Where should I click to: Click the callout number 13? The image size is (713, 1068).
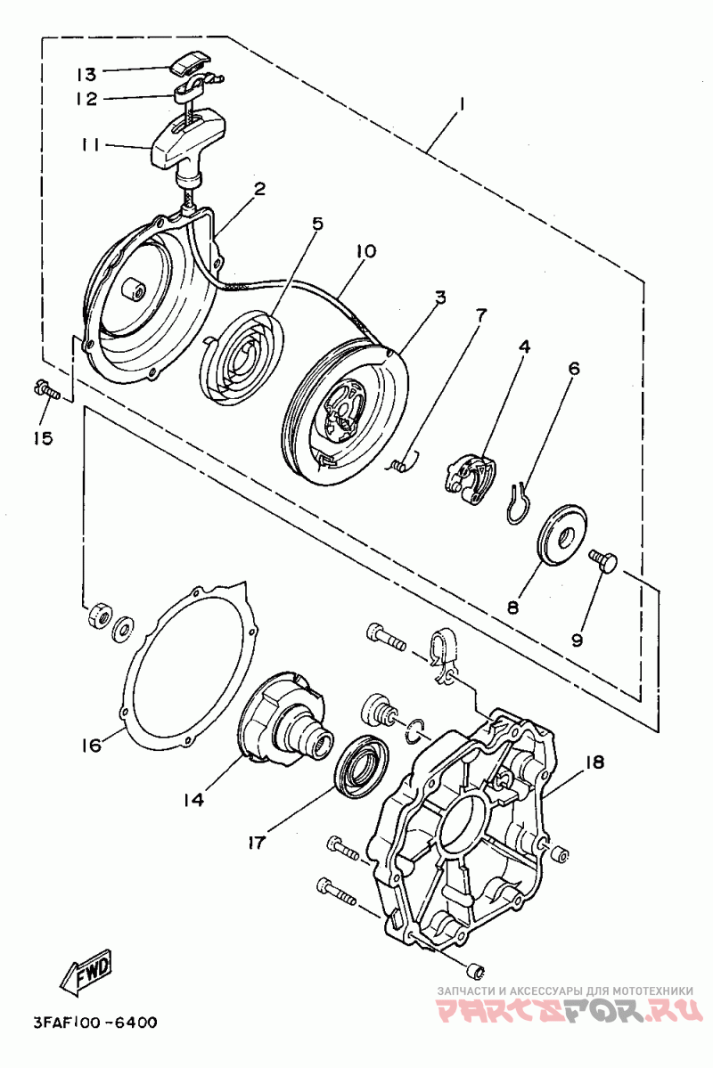click(x=86, y=73)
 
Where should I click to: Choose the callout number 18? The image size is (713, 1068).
click(x=594, y=761)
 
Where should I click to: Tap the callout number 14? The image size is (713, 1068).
click(x=193, y=799)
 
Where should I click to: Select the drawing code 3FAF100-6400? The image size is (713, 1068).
click(x=94, y=1023)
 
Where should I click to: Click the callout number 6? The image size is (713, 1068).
click(x=574, y=369)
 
